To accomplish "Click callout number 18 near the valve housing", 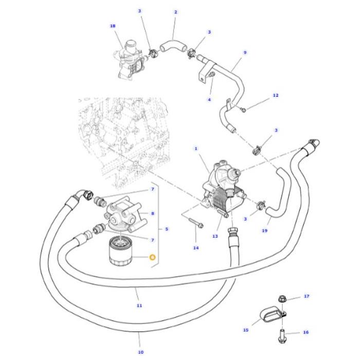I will (113, 25).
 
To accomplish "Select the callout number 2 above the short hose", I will (175, 12).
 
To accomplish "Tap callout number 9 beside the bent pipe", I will (245, 52).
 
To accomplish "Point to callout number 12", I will (275, 95).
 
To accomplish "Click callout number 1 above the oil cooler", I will (195, 149).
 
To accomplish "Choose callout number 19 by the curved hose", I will (265, 231).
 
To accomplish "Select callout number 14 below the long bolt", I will (195, 248).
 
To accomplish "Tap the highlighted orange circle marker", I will (152, 257).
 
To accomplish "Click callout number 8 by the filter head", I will (152, 213).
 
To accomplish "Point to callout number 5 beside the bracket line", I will (166, 229).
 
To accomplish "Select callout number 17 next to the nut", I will (306, 296).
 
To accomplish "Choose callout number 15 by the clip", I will (245, 330).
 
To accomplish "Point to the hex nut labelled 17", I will (282, 298).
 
